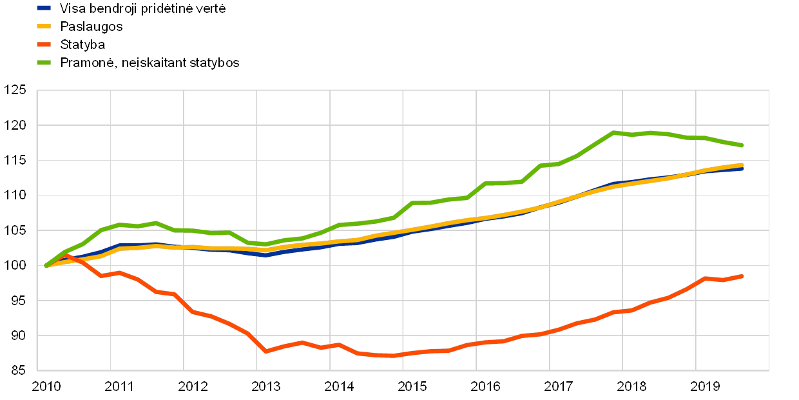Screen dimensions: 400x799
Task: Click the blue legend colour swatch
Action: pos(44,8)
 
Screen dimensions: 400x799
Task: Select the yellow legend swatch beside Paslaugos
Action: pos(44,26)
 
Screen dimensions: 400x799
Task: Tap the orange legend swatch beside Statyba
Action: pos(44,45)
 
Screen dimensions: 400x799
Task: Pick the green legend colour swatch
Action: pos(44,63)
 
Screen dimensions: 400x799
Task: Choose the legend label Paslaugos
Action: pos(92,26)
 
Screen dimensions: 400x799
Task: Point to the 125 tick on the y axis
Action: pos(15,90)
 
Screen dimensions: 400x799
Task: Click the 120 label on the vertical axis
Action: pos(15,125)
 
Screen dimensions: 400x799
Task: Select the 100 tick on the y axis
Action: pos(15,265)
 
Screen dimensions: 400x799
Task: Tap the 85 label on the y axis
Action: pos(17,370)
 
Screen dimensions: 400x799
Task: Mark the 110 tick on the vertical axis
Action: pos(15,195)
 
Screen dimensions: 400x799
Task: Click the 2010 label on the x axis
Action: pos(46,386)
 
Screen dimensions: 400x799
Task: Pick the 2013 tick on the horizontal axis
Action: pos(265,386)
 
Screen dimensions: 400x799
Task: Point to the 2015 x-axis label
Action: pos(412,386)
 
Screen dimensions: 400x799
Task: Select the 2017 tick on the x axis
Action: pos(558,386)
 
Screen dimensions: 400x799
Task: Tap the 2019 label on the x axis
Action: pos(704,386)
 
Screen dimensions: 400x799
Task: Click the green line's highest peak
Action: pos(614,132)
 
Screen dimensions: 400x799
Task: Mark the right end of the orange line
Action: pos(742,276)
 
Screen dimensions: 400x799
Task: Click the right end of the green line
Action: pos(742,145)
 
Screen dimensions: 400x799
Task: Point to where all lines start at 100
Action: pos(46,265)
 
